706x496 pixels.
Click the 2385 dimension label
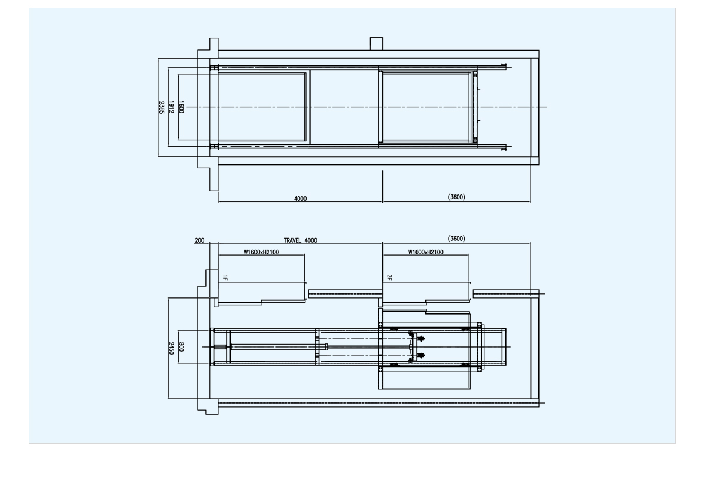[161, 107]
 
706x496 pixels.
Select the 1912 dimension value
[171, 107]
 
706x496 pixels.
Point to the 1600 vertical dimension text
[181, 107]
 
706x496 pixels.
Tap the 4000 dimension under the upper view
[301, 199]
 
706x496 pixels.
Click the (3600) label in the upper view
[457, 197]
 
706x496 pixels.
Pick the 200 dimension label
[199, 240]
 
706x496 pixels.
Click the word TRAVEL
[292, 240]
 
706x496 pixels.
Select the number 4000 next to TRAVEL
[311, 240]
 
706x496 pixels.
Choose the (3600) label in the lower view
[457, 239]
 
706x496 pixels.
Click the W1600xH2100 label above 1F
[261, 252]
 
